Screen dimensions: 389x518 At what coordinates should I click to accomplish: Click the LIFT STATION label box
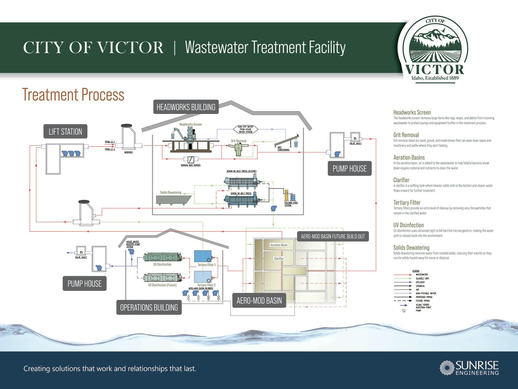(x=65, y=131)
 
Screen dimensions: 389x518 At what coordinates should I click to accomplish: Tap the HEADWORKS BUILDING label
(x=186, y=107)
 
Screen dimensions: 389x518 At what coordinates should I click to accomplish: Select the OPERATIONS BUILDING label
(x=149, y=307)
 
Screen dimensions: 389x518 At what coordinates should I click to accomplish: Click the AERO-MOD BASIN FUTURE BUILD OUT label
(x=332, y=236)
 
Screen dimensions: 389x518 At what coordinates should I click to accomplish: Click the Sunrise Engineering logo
(x=469, y=368)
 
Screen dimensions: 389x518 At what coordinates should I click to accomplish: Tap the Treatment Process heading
(x=73, y=94)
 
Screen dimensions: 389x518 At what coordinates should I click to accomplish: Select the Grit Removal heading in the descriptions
(x=406, y=135)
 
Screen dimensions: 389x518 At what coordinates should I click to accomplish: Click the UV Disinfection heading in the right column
(x=408, y=225)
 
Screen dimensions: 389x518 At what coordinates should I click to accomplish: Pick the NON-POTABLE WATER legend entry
(x=426, y=293)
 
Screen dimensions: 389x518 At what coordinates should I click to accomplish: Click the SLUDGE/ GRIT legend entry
(x=422, y=278)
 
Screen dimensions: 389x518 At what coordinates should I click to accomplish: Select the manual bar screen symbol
(x=191, y=159)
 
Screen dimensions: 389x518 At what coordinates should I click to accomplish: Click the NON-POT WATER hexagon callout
(x=246, y=129)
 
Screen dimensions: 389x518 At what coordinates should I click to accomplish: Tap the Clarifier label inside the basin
(x=279, y=259)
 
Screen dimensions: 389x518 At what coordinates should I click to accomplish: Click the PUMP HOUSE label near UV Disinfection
(x=84, y=284)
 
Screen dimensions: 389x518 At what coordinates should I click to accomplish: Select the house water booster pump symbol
(x=131, y=251)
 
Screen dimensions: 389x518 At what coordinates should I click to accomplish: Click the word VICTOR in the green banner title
(x=130, y=48)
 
